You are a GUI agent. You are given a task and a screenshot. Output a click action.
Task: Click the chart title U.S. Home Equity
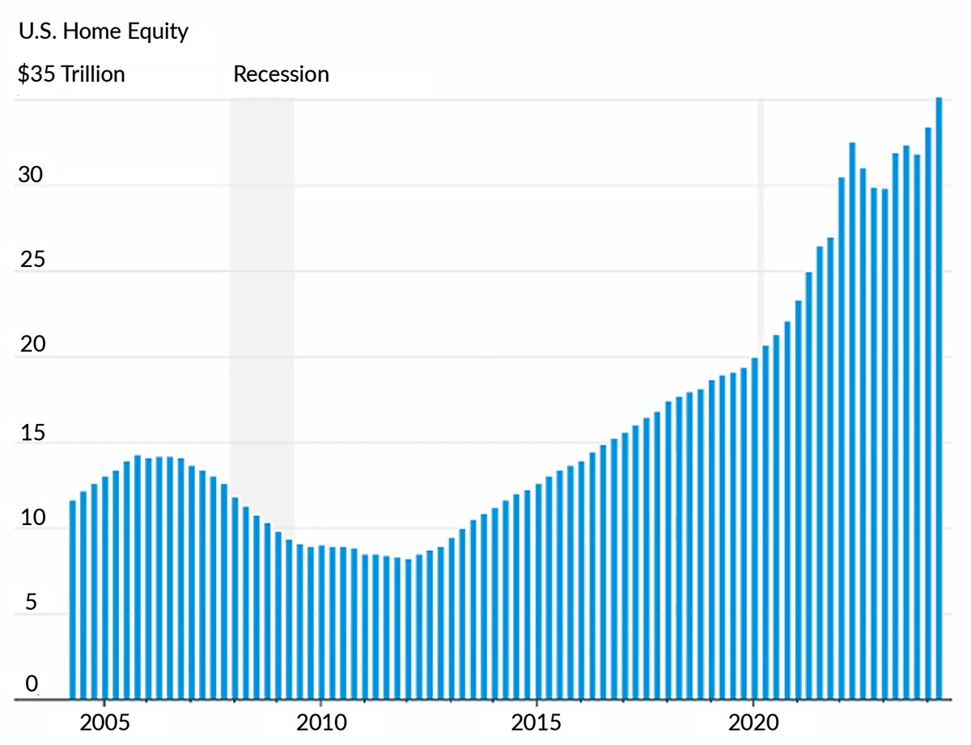point(103,32)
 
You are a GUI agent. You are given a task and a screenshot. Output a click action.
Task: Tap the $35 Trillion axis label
point(71,74)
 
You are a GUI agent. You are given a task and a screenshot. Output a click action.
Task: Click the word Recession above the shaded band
point(281,74)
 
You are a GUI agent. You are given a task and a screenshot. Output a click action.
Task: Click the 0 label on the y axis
point(32,685)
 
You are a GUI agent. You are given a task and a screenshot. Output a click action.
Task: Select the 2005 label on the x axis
point(104,722)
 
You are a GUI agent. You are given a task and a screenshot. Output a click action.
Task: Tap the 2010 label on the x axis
point(320,722)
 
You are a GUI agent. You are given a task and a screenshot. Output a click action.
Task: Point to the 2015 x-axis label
point(536,722)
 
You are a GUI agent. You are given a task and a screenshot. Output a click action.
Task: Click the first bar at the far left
point(73,599)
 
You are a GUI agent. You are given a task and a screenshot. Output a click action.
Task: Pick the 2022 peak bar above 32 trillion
point(852,421)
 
